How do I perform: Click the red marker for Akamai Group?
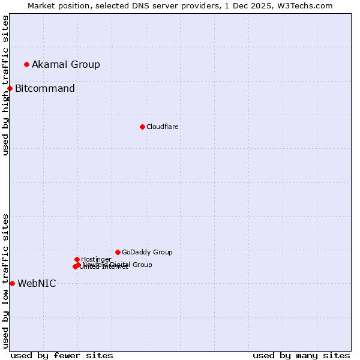pos(26,64)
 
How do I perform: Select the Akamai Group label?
pos(66,65)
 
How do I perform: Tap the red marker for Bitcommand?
pos(10,89)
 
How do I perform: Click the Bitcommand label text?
pos(45,89)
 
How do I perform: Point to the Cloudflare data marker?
pos(142,127)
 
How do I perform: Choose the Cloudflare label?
pos(163,127)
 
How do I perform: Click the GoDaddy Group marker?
pos(118,252)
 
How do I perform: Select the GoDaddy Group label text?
pos(147,253)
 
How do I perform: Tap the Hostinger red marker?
pos(77,259)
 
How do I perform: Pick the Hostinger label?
pos(96,259)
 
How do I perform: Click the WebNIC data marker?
pos(12,283)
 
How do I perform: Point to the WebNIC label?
pos(37,284)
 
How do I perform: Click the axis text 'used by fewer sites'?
pos(62,355)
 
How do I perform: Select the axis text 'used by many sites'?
pos(301,355)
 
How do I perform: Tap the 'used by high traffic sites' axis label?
pos(5,85)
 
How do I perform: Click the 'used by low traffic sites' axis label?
pos(5,281)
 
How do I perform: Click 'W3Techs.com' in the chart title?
pos(304,6)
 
